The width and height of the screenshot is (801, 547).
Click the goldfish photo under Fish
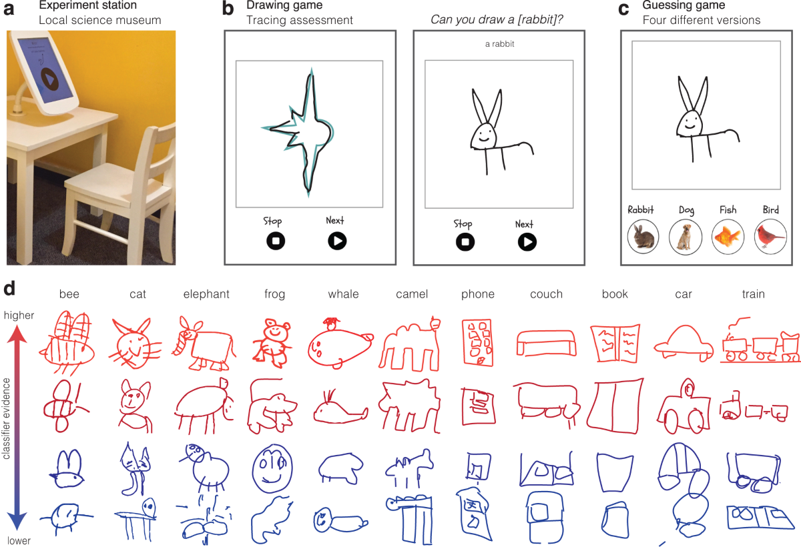tap(728, 237)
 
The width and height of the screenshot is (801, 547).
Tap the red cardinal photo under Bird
tap(770, 237)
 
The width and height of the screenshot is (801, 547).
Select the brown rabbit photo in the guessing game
tap(643, 237)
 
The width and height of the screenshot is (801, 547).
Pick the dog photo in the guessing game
tap(685, 237)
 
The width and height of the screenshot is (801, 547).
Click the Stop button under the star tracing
tap(276, 241)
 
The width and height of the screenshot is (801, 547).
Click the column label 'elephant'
tap(206, 294)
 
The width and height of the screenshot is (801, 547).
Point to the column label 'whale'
tap(343, 294)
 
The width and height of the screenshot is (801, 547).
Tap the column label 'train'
tap(754, 294)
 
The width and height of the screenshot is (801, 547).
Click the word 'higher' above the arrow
tap(19, 315)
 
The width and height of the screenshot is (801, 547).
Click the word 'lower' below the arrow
tap(19, 540)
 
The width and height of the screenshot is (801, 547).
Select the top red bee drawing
tap(67, 342)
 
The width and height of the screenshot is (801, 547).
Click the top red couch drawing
tap(546, 343)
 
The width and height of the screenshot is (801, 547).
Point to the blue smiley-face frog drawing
tap(272, 468)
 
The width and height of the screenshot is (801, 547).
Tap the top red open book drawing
tap(615, 344)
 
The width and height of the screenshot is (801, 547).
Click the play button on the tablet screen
tap(49, 81)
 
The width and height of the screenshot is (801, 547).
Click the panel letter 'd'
tap(9, 288)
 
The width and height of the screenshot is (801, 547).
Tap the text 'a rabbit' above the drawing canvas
tap(499, 44)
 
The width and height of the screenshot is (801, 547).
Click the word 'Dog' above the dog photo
tap(686, 210)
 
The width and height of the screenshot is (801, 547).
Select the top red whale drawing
tap(340, 343)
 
